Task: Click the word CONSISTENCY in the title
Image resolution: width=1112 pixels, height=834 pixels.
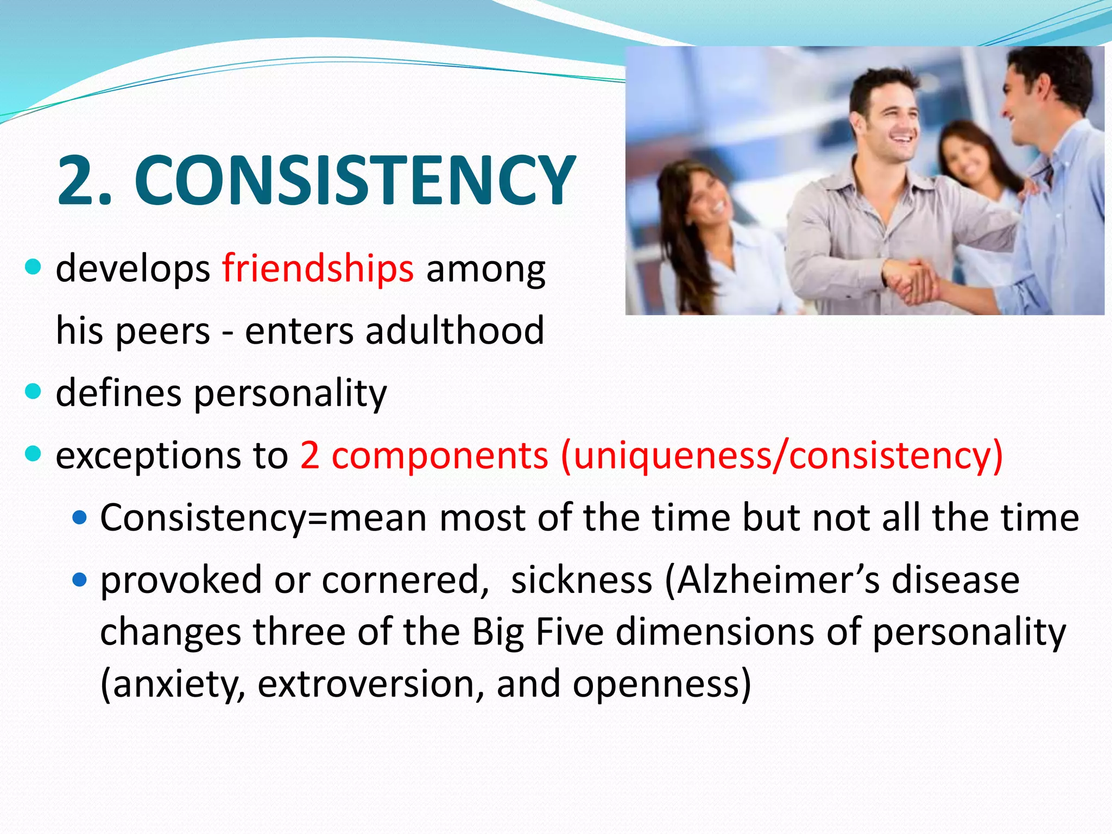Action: click(x=355, y=180)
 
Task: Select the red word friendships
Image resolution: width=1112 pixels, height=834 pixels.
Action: click(x=318, y=268)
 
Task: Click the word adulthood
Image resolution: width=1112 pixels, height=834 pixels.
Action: click(x=454, y=330)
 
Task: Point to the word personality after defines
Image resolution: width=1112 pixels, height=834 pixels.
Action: click(x=290, y=393)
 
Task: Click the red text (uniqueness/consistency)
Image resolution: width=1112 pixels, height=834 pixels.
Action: click(x=782, y=455)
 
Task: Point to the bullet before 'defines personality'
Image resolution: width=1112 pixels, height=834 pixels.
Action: click(x=34, y=391)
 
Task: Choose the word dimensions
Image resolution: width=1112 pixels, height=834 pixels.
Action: click(x=715, y=632)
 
